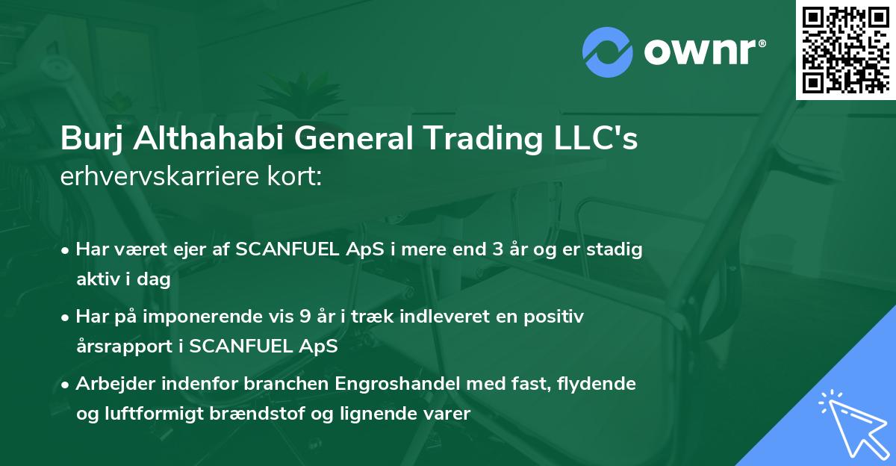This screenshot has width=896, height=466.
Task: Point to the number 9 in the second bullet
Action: click(305, 317)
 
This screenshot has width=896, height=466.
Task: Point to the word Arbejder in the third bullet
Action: click(111, 384)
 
